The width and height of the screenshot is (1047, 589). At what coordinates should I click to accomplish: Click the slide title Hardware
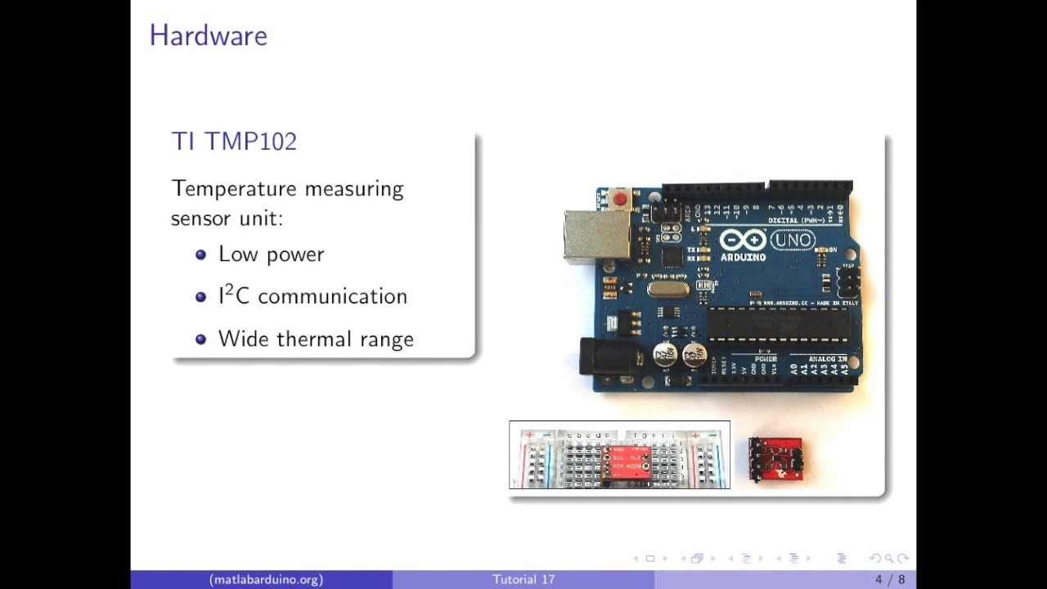(208, 35)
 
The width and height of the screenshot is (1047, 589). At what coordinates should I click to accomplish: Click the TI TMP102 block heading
(234, 141)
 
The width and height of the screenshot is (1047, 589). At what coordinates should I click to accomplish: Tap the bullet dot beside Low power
(201, 254)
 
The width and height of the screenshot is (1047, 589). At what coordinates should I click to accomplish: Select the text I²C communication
(312, 296)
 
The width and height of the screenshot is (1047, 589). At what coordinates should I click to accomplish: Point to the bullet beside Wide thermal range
(201, 339)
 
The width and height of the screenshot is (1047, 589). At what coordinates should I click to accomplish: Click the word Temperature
(234, 189)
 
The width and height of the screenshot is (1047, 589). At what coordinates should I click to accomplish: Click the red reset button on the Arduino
(620, 199)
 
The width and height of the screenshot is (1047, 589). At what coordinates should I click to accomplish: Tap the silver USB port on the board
(595, 234)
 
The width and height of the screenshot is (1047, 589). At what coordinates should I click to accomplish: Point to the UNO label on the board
(792, 240)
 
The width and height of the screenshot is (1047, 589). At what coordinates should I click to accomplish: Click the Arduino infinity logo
(743, 241)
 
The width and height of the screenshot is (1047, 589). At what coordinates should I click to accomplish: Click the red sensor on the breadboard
(627, 462)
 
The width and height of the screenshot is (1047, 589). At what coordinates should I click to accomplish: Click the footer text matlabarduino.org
(266, 579)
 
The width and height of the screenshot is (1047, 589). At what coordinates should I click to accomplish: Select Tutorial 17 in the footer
(523, 579)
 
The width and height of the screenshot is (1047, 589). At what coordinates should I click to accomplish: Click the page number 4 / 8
(890, 579)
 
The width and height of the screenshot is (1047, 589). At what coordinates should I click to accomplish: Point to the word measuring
(354, 189)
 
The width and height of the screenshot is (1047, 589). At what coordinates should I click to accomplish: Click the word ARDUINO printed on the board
(743, 257)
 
